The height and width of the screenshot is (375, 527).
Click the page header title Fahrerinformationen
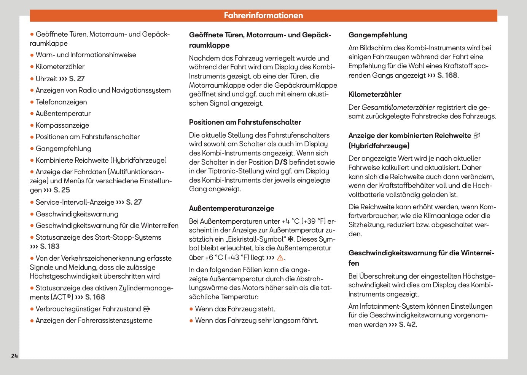(x=263, y=16)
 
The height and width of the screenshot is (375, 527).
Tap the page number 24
(x=14, y=356)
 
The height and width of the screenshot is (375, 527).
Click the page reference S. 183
(x=49, y=247)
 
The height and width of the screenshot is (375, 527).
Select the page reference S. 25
(x=61, y=190)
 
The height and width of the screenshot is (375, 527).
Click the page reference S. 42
(x=407, y=325)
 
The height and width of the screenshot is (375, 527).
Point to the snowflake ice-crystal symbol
(x=290, y=239)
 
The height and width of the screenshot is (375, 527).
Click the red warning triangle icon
(x=280, y=258)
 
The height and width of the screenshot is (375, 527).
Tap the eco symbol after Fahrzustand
(x=146, y=309)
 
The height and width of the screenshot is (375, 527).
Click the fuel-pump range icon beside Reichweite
(x=477, y=136)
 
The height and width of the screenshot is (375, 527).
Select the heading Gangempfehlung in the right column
(x=377, y=35)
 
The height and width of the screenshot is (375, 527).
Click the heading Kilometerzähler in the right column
(x=375, y=95)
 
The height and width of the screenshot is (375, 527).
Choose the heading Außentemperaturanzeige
(x=231, y=208)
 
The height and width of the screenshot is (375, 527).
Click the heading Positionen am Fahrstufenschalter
(x=245, y=122)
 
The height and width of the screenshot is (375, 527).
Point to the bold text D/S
(x=281, y=162)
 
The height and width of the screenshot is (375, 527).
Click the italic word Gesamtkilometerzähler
(x=398, y=107)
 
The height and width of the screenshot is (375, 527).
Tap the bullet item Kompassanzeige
(x=62, y=125)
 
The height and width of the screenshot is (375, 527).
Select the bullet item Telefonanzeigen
(x=61, y=102)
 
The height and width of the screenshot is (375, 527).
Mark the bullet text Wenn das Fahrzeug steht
(x=235, y=309)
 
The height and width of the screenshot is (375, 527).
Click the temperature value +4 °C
(x=291, y=221)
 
